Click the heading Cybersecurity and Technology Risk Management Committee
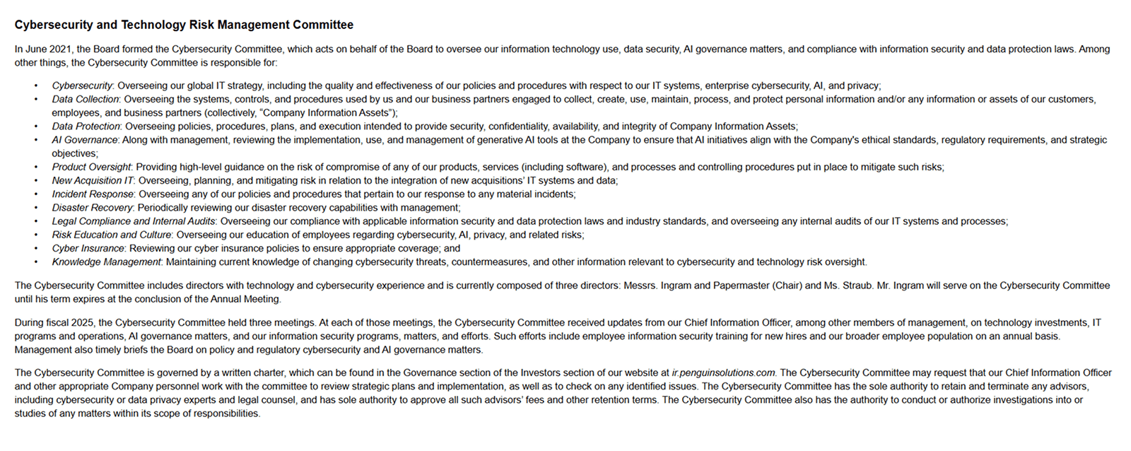point(184,25)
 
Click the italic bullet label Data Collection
point(86,99)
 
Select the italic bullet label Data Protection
point(86,127)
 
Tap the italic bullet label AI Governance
point(84,140)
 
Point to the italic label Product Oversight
point(91,167)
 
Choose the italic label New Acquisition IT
point(92,180)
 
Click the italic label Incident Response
point(93,194)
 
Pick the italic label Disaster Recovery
point(92,208)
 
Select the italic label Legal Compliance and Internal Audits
point(133,221)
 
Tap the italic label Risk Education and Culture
point(111,235)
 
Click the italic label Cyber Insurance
point(88,248)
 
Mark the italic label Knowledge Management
point(106,262)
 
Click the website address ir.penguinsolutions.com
point(723,373)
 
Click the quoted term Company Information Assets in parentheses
point(324,113)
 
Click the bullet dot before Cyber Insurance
point(36,249)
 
